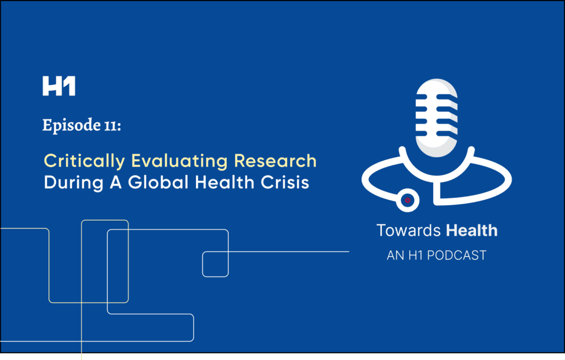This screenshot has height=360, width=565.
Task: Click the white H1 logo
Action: tap(58, 87)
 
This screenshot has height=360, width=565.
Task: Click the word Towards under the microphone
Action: tap(409, 230)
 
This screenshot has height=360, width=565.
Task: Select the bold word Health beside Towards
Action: tap(472, 230)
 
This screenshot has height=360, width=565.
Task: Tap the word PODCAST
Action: tap(460, 256)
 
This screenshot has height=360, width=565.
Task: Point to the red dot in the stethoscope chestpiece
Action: tap(407, 200)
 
